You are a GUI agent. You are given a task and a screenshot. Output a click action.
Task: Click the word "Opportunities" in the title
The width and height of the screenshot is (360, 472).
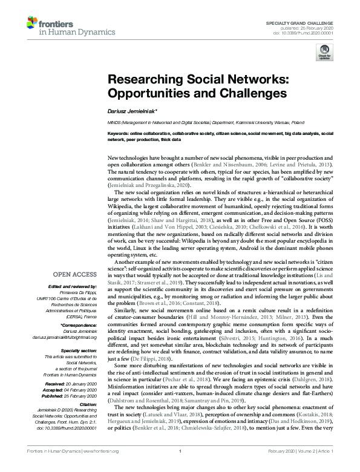(149, 94)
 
